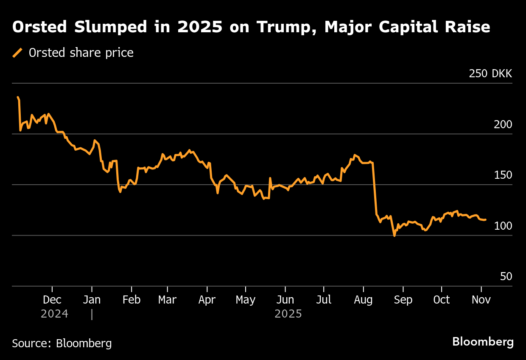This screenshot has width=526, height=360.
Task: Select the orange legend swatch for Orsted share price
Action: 17,53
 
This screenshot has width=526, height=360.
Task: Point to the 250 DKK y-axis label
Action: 490,74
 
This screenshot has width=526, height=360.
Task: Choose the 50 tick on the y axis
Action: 506,277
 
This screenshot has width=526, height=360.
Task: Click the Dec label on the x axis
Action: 52,300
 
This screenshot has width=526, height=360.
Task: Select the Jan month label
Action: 92,300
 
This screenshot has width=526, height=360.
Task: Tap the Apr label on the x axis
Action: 207,300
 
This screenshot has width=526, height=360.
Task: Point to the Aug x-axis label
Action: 364,300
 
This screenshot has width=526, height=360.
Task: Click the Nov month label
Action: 481,300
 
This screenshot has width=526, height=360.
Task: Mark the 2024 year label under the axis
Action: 54,314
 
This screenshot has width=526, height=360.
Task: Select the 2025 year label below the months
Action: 288,314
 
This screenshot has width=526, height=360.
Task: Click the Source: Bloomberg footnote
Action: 62,343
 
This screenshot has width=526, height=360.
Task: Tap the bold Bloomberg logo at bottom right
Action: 483,342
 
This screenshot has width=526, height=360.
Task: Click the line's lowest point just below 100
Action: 394,236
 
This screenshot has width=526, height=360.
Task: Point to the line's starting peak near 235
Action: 18,97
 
